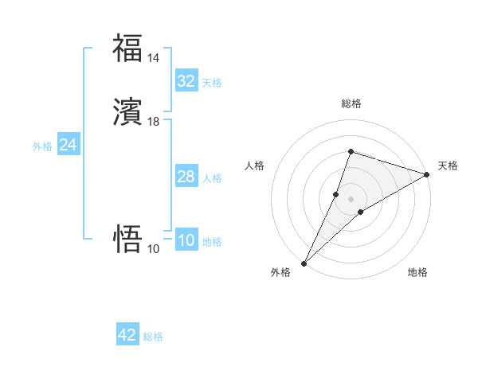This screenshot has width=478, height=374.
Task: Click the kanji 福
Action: pyautogui.click(x=127, y=48)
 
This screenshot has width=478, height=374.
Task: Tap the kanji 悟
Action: pyautogui.click(x=127, y=239)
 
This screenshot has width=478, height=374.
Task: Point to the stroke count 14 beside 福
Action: pyautogui.click(x=153, y=58)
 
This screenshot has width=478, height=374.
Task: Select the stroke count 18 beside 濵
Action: pyautogui.click(x=153, y=122)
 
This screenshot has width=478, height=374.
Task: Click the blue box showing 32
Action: pyautogui.click(x=186, y=81)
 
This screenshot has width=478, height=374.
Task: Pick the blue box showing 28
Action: pyautogui.click(x=186, y=177)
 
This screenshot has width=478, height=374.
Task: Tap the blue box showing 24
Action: pyautogui.click(x=69, y=145)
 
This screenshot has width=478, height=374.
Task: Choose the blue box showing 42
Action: pyautogui.click(x=127, y=335)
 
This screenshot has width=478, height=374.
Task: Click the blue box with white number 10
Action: pyautogui.click(x=186, y=240)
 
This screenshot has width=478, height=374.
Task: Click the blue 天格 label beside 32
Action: pyautogui.click(x=212, y=83)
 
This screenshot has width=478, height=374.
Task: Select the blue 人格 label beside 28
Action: pyautogui.click(x=212, y=178)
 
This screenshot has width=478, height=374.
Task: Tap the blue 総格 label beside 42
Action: pyautogui.click(x=153, y=337)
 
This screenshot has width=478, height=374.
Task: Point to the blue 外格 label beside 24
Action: pyautogui.click(x=42, y=146)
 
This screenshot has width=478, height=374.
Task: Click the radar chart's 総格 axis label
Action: pyautogui.click(x=351, y=103)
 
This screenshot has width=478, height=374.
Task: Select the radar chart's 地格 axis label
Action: pyautogui.click(x=417, y=273)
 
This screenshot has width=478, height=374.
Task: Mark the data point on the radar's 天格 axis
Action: pyautogui.click(x=426, y=175)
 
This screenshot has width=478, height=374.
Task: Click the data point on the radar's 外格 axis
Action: pyautogui.click(x=304, y=263)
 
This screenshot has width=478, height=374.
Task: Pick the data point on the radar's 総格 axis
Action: pyautogui.click(x=351, y=151)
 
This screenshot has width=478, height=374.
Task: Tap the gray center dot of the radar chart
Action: pyautogui.click(x=351, y=198)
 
